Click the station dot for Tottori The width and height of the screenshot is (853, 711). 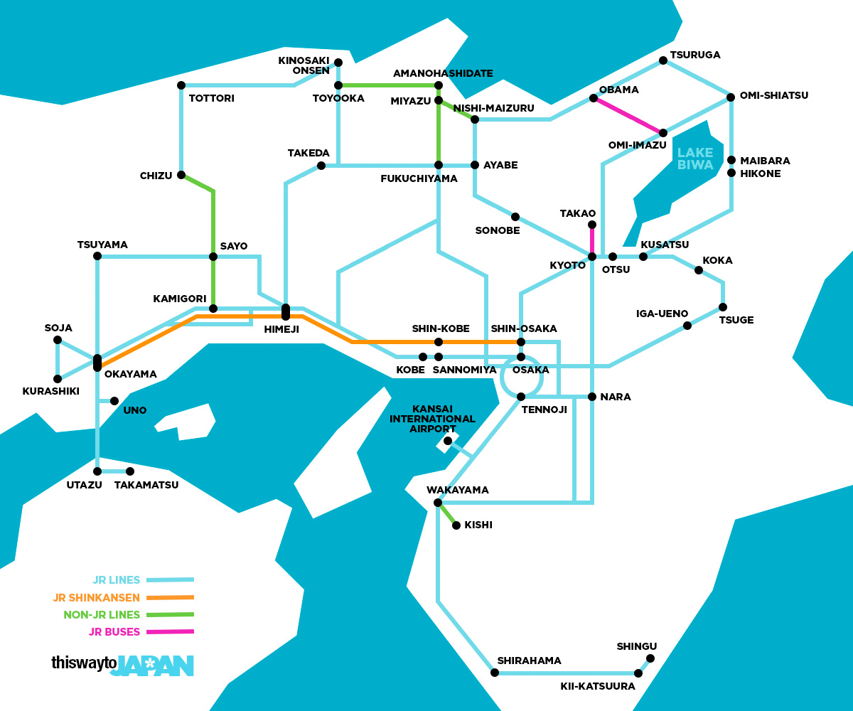[181, 85]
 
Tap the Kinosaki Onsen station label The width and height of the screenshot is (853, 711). [304, 65]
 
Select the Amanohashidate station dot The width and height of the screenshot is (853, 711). [439, 86]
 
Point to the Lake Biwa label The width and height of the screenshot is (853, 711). [694, 158]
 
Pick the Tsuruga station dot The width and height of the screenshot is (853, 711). [663, 61]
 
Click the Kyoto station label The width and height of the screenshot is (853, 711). [567, 265]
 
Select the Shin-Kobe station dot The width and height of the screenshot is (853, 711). [439, 342]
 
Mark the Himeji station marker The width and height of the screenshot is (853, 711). [286, 311]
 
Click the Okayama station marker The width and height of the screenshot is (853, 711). [97, 363]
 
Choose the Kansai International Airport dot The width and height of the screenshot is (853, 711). [448, 441]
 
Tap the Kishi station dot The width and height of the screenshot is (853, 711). [456, 525]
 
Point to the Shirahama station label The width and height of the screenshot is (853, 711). [529, 661]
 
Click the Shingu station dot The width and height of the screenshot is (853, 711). [650, 658]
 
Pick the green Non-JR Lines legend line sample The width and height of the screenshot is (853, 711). [170, 614]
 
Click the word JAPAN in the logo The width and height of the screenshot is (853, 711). [152, 665]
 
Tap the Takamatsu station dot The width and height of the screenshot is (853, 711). [130, 471]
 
